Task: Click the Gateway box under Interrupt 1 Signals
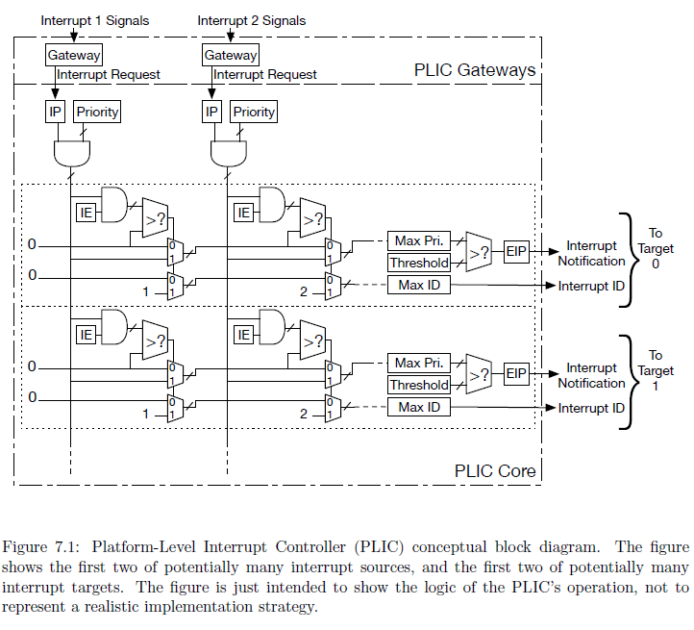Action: (x=74, y=55)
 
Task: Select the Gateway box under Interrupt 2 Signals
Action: (x=231, y=55)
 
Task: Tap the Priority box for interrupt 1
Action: (x=97, y=112)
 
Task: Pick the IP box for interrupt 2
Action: (x=211, y=112)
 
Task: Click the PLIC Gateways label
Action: (x=475, y=70)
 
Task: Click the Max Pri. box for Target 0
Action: (x=419, y=240)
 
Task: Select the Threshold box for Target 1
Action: (x=419, y=385)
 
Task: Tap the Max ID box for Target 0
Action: (x=419, y=285)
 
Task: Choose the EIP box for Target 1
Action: (x=516, y=373)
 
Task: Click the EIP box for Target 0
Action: (x=516, y=252)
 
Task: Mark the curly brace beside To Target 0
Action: (x=628, y=260)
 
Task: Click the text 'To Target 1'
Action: (x=656, y=370)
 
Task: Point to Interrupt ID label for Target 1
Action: (x=592, y=409)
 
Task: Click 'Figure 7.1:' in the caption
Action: (x=37, y=547)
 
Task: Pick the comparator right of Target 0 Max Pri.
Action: (x=478, y=251)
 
